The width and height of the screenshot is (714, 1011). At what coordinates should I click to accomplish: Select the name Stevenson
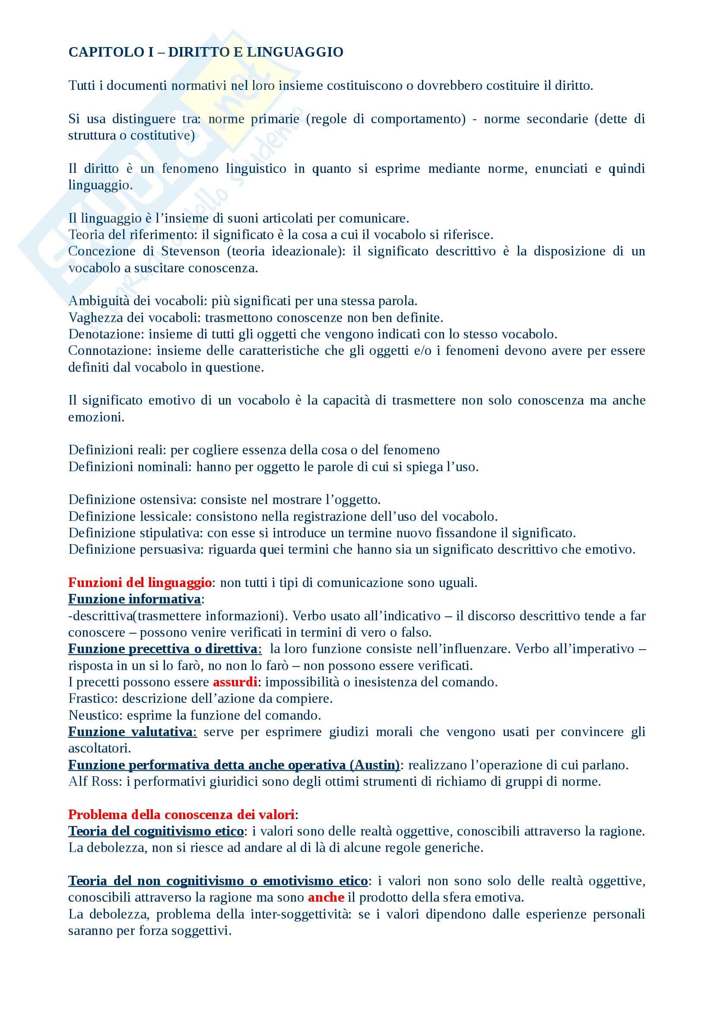pyautogui.click(x=190, y=251)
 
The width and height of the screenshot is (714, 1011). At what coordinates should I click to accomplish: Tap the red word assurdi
pyautogui.click(x=235, y=682)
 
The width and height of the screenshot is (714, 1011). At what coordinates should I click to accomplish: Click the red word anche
pyautogui.click(x=326, y=897)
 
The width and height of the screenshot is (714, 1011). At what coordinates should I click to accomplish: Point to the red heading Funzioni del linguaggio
pyautogui.click(x=140, y=583)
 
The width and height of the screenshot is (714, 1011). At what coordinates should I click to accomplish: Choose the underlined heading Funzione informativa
pyautogui.click(x=135, y=599)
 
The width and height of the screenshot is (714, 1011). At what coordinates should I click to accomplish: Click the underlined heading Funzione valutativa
pyautogui.click(x=130, y=732)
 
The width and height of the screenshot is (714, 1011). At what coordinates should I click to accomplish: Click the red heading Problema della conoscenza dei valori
pyautogui.click(x=181, y=815)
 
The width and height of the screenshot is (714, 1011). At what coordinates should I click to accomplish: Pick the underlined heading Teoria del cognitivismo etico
pyautogui.click(x=156, y=831)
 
